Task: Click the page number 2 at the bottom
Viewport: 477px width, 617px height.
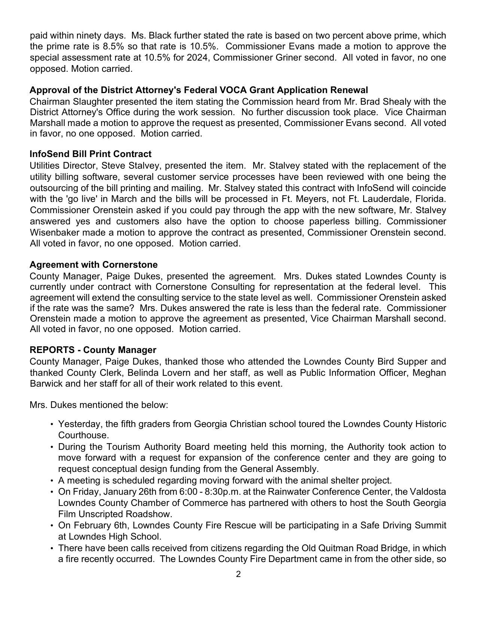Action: pyautogui.click(x=238, y=574)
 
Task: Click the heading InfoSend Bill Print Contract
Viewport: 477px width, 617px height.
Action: pyautogui.click(x=91, y=154)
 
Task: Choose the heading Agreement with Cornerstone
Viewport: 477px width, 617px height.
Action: pyautogui.click(x=94, y=265)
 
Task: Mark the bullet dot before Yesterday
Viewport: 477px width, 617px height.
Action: pyautogui.click(x=51, y=424)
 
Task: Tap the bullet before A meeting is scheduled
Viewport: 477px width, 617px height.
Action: pyautogui.click(x=51, y=481)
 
